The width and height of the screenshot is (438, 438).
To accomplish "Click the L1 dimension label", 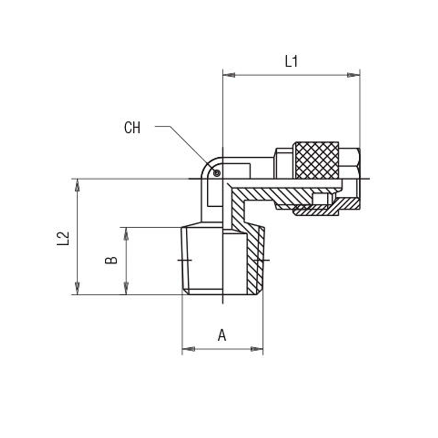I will coord(291,61).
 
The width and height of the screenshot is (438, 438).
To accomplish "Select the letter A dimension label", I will coord(223,336).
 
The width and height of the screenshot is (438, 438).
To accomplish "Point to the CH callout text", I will coord(132,128).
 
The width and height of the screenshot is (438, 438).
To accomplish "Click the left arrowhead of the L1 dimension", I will coord(229,75).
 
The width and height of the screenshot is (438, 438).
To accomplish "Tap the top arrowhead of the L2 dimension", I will coord(78,185).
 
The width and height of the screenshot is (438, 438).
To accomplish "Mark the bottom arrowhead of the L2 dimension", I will coord(78,288).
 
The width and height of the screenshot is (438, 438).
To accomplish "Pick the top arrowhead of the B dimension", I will coord(126,233).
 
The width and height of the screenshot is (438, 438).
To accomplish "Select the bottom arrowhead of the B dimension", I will coord(126,288).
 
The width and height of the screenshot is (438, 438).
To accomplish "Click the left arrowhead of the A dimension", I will coord(188,349).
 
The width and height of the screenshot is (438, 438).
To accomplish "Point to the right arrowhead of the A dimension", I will coord(257,349).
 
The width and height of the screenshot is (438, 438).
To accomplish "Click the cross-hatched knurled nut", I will coord(316,160).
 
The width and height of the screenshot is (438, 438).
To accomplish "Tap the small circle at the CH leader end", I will coord(216,173).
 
